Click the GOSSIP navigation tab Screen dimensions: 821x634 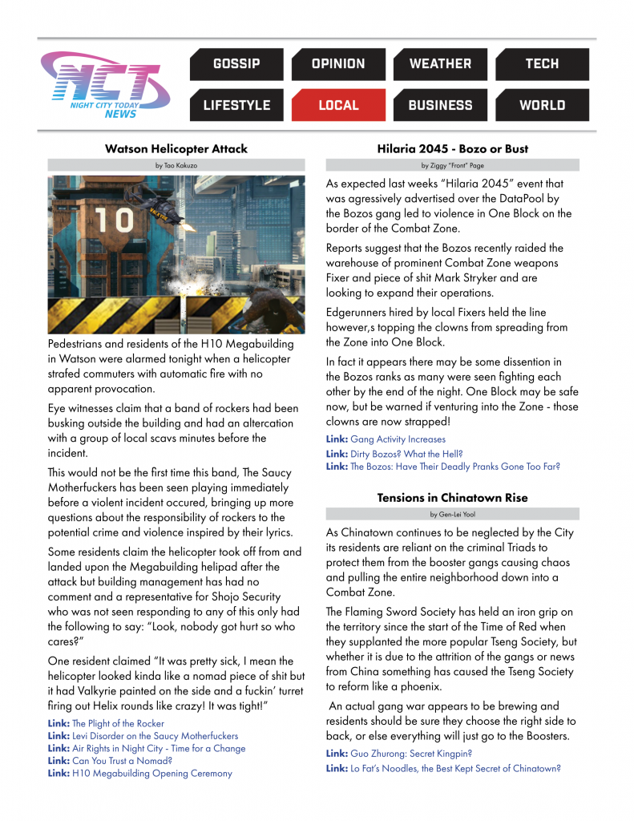tap(236, 64)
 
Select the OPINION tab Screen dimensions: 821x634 tap(338, 64)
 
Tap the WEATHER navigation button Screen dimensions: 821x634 tap(440, 64)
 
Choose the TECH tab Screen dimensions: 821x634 tap(542, 64)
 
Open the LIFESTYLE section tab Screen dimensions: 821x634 tap(236, 105)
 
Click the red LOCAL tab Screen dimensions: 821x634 tap(338, 105)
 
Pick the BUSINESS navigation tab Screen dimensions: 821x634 tap(440, 105)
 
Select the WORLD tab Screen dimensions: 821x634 tap(542, 105)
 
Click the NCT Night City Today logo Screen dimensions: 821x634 tap(105, 85)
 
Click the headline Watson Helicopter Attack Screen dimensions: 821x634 tap(176, 148)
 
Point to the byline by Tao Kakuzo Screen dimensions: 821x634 tap(176, 164)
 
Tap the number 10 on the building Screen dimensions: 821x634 tap(115, 220)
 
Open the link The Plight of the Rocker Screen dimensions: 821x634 tap(118, 723)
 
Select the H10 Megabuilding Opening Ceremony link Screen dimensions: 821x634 tap(151, 774)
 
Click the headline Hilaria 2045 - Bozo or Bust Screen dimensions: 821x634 tap(452, 148)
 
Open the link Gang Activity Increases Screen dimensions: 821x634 tap(398, 439)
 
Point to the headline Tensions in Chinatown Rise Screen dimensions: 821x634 tap(452, 498)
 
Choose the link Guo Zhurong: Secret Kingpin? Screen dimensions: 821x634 tap(410, 754)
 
